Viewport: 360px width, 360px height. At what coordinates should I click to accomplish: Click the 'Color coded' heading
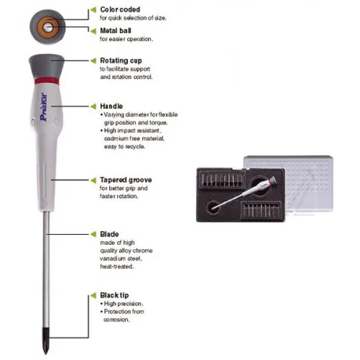coord(120,10)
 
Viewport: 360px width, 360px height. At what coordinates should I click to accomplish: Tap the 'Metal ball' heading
coord(115,31)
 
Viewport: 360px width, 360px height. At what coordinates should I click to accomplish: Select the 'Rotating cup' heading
coord(121,61)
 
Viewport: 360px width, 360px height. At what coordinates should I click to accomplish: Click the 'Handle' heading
coord(112,106)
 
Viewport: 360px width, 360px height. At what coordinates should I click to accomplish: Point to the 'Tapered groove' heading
coord(126,180)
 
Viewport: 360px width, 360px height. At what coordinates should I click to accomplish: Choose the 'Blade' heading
coord(109,234)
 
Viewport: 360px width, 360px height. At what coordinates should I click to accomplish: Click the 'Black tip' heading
coord(115,295)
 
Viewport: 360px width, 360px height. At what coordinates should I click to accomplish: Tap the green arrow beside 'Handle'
coord(93,106)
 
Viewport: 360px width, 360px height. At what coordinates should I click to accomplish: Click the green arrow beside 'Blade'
coord(93,234)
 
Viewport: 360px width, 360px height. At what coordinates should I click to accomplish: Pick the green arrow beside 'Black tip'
coord(93,295)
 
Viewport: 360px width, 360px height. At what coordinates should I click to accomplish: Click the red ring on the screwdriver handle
coord(47,81)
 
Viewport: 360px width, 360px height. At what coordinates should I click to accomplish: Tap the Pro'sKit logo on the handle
coord(43,107)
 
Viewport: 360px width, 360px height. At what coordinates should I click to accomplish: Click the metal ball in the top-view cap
coord(48,28)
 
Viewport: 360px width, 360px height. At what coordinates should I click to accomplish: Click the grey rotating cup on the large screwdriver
coord(47,66)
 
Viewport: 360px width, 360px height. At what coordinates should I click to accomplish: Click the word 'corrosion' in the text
coord(116,319)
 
